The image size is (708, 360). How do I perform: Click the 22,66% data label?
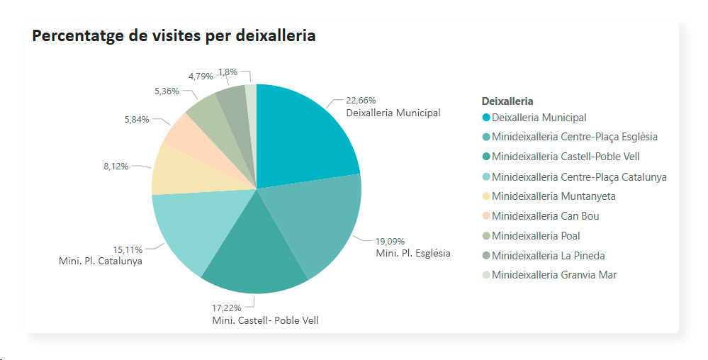point(361,101)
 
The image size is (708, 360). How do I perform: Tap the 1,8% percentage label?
point(228,72)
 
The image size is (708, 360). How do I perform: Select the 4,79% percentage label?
point(201,76)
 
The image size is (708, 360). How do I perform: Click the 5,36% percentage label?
point(167,91)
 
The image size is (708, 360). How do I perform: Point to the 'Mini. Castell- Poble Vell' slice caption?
point(265,320)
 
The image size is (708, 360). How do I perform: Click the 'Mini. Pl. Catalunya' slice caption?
point(101,261)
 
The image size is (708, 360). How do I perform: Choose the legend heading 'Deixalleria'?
point(507,101)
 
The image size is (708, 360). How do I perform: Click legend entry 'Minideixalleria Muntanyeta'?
point(554,196)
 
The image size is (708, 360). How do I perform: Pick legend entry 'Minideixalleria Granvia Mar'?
point(554,275)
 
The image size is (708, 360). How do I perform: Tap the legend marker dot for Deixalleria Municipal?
point(486,118)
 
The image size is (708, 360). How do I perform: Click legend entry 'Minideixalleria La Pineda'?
point(548,255)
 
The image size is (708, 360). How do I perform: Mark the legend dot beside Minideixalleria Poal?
point(486,236)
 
